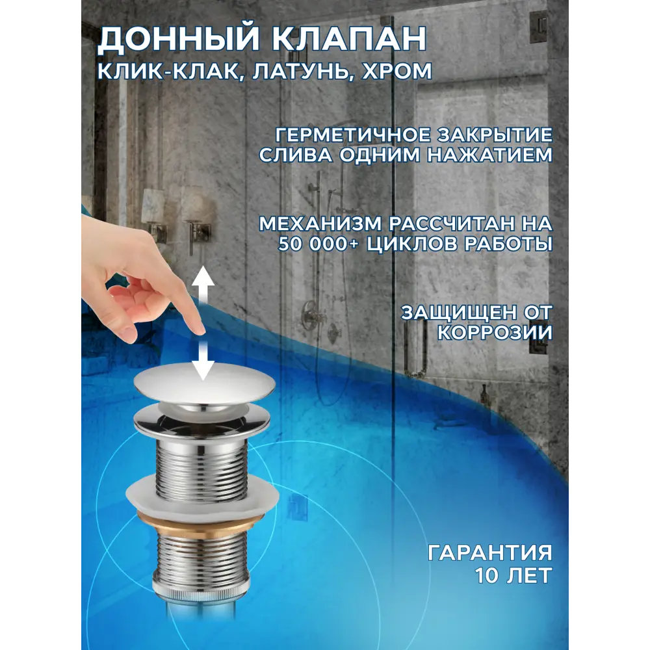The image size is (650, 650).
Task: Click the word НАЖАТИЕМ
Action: (x=490, y=155)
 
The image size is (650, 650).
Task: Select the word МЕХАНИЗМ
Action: (x=320, y=224)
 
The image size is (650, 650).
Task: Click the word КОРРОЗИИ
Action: (x=495, y=333)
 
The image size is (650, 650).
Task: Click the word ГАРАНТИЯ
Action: (x=490, y=553)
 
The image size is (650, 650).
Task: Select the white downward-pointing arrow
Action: (x=202, y=360)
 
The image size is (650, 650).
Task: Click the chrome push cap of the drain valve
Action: (x=205, y=386)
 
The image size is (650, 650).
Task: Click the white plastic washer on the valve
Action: (x=203, y=496)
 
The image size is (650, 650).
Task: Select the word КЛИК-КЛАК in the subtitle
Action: (x=168, y=71)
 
